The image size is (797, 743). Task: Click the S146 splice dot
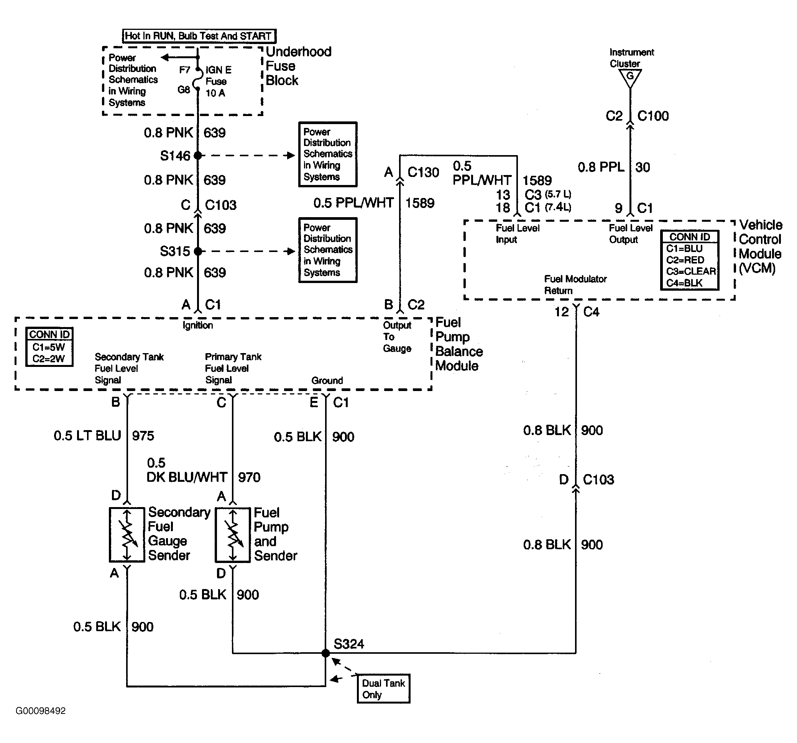tap(198, 155)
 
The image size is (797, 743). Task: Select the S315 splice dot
tap(198, 251)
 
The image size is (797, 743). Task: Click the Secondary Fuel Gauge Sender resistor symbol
tap(127, 535)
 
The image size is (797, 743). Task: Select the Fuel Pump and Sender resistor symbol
tap(233, 535)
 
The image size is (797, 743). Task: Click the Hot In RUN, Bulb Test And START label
tap(199, 36)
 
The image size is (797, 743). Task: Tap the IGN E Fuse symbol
tap(197, 80)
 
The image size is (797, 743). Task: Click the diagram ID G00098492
tap(41, 711)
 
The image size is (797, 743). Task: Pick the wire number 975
tap(143, 435)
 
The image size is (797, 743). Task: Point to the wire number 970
tap(249, 477)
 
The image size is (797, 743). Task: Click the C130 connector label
tap(423, 172)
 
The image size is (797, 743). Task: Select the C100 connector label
tap(653, 116)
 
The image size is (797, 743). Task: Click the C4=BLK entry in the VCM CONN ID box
tap(684, 283)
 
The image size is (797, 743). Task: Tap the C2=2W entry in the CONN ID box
tap(49, 358)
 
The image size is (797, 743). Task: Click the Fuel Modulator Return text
tap(575, 285)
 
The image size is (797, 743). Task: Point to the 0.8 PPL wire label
tap(601, 167)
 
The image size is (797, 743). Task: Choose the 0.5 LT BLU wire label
tap(87, 435)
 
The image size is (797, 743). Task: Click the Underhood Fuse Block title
tap(299, 66)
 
